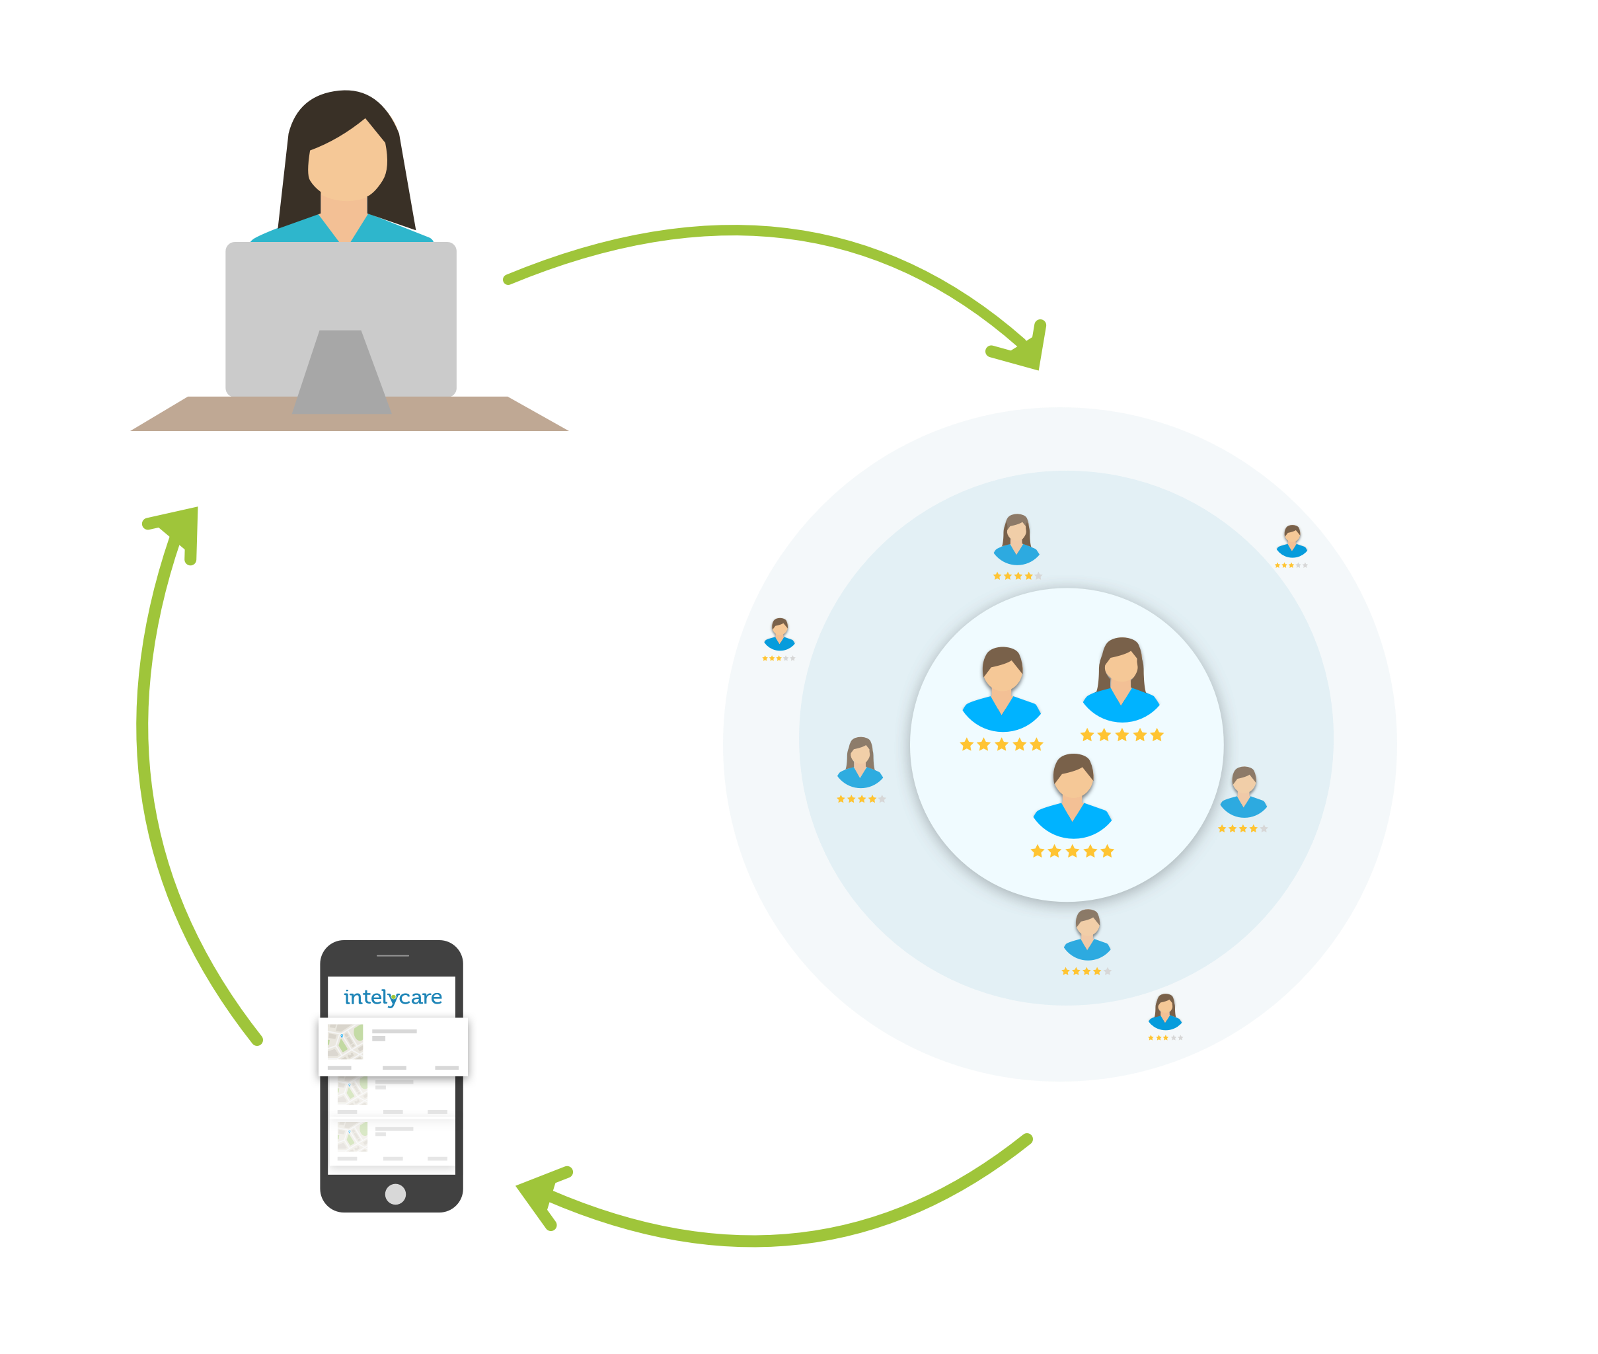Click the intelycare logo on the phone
click(x=392, y=997)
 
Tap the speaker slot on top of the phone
click(x=393, y=955)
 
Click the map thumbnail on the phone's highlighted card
click(x=345, y=1041)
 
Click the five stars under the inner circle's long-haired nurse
click(x=1122, y=735)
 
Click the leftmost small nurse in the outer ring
click(x=779, y=635)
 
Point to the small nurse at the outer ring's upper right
click(x=1292, y=541)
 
